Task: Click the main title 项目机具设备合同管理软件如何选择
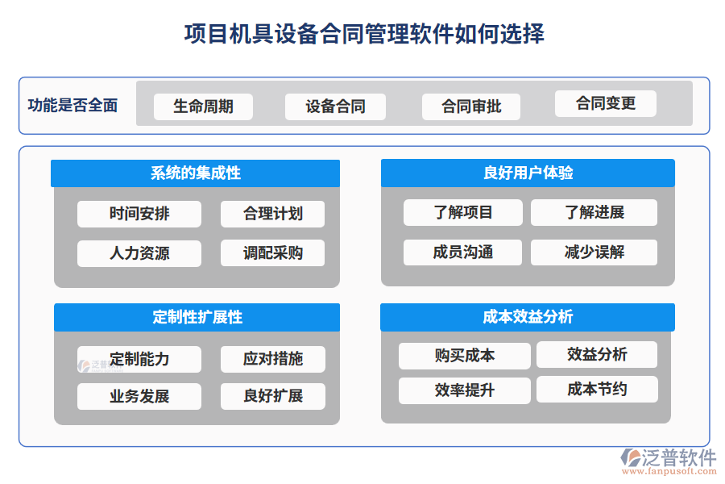(363, 34)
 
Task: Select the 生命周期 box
(203, 106)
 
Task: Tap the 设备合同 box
(335, 106)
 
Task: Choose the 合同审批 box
(471, 106)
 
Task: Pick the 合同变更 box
(606, 103)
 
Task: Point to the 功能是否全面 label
(72, 105)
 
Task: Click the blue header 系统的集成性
(195, 173)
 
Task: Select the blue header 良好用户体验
(528, 173)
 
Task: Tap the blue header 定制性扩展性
(197, 317)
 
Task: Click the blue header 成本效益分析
(528, 317)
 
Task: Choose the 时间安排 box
(139, 214)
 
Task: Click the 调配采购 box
(273, 252)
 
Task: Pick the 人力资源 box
(139, 252)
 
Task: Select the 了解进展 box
(594, 212)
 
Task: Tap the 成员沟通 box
(462, 252)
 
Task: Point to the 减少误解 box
(594, 252)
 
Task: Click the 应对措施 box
(273, 359)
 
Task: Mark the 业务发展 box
(139, 396)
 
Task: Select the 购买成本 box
(464, 356)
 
